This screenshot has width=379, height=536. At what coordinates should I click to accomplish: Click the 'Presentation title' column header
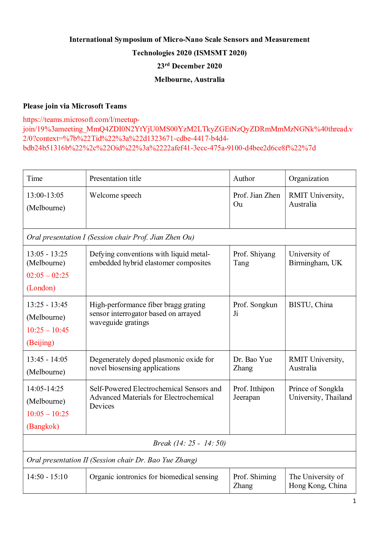(115, 178)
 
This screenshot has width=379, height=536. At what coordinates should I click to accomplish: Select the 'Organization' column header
(309, 178)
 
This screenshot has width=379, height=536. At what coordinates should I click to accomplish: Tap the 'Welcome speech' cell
(115, 195)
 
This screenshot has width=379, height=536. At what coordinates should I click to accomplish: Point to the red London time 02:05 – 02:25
(48, 275)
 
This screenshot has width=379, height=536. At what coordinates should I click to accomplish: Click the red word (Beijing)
(40, 343)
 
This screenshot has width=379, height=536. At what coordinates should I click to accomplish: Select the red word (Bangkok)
(43, 426)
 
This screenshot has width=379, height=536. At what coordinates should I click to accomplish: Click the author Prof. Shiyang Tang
(254, 258)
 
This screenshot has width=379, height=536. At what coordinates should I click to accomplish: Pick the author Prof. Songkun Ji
(255, 309)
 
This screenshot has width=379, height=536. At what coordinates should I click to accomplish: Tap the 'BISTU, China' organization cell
(311, 305)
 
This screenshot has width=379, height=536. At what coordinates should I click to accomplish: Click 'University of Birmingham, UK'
(315, 258)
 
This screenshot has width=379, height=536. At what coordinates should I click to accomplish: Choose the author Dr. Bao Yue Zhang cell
(252, 364)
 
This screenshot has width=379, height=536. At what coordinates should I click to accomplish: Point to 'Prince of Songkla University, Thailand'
(320, 393)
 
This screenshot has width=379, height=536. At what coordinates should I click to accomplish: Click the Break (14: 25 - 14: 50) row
(189, 443)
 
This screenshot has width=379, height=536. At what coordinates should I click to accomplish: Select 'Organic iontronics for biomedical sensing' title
(154, 477)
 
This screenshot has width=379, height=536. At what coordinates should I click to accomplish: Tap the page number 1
(354, 501)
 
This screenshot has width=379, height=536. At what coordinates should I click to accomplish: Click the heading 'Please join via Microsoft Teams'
(75, 106)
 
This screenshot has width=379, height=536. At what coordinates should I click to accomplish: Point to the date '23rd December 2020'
(189, 66)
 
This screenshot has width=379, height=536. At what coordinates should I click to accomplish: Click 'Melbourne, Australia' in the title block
(189, 79)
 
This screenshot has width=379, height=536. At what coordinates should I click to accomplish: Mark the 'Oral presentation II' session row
(112, 460)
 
